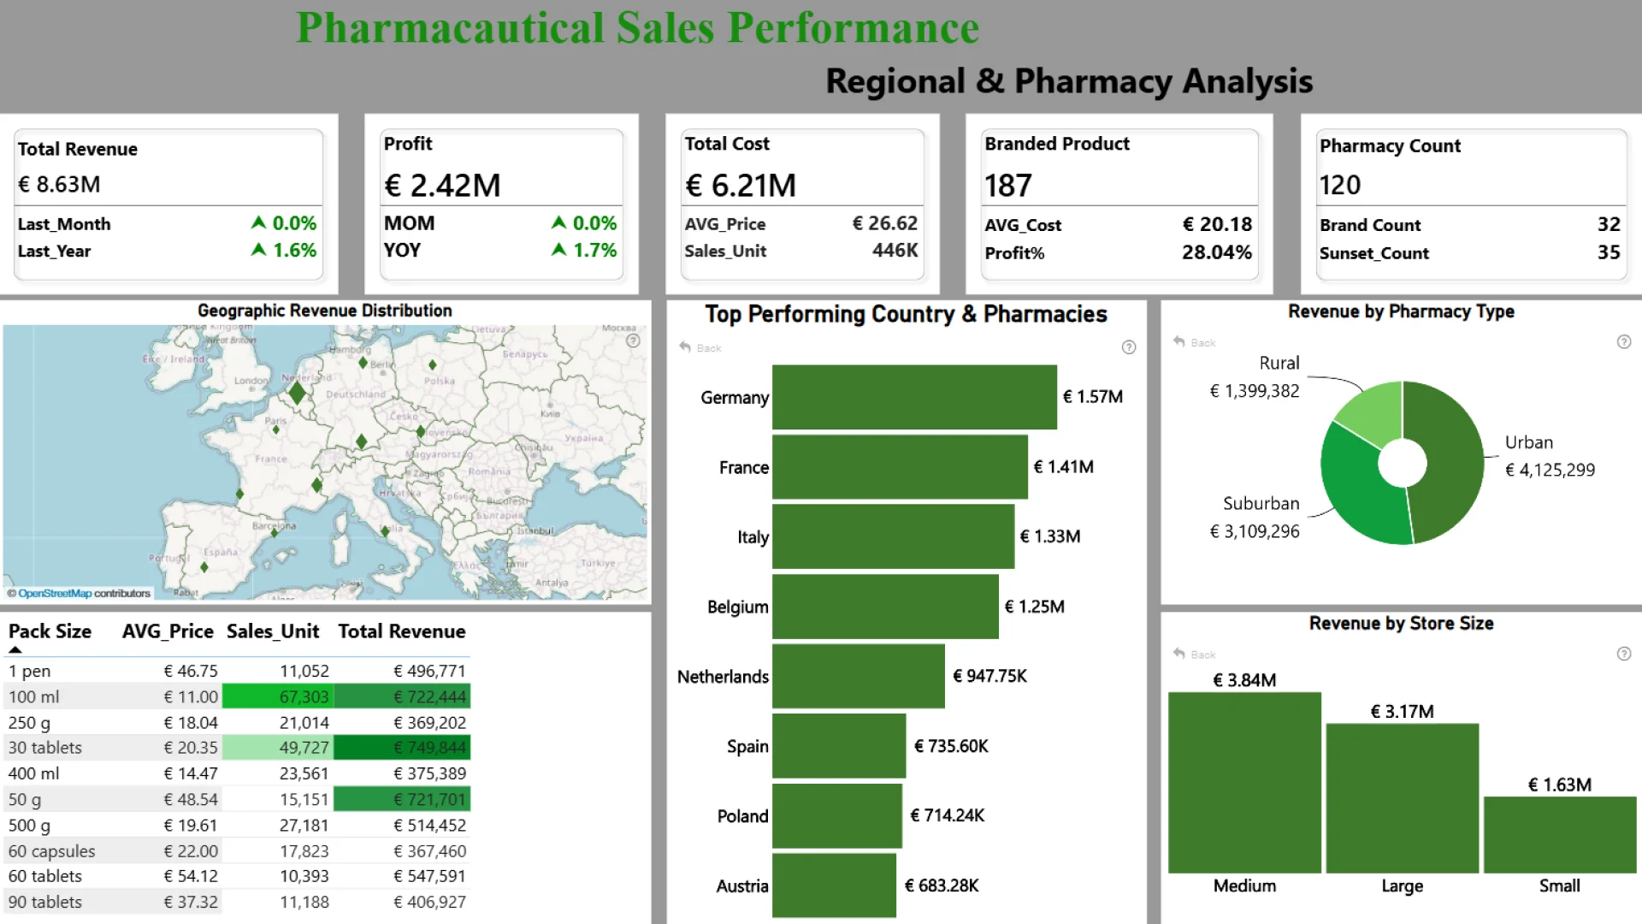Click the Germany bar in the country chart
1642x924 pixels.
pyautogui.click(x=913, y=397)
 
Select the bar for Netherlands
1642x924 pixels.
pyautogui.click(x=858, y=676)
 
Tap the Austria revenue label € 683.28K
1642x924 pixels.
pyautogui.click(x=942, y=885)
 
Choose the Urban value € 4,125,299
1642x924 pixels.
pyautogui.click(x=1550, y=470)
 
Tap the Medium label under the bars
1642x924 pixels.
pyautogui.click(x=1244, y=885)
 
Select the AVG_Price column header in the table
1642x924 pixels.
pyautogui.click(x=168, y=631)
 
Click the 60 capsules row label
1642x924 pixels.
pyautogui.click(x=52, y=851)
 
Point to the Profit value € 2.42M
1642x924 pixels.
pyautogui.click(x=443, y=185)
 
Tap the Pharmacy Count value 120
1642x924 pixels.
pyautogui.click(x=1340, y=185)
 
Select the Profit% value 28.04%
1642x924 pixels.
pyautogui.click(x=1216, y=252)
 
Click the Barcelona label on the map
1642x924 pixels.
pyautogui.click(x=274, y=525)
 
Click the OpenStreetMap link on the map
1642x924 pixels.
pyautogui.click(x=55, y=593)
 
